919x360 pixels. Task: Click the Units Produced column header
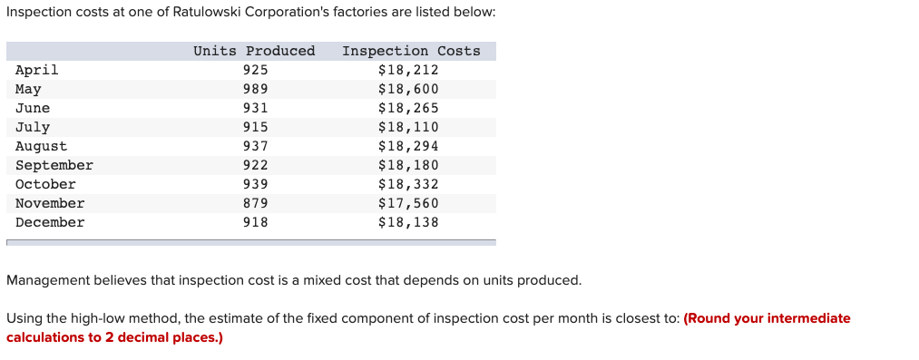tap(254, 51)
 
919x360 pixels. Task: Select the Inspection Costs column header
tap(411, 51)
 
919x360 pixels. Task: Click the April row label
tap(37, 70)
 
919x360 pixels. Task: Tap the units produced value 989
tap(256, 89)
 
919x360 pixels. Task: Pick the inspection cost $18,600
tap(408, 89)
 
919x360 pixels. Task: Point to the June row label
tap(33, 108)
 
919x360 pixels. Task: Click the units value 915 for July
tap(256, 127)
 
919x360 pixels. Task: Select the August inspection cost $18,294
tap(408, 146)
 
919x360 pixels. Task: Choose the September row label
tap(54, 165)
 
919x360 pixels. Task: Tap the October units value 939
tap(256, 184)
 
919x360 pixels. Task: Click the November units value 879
tap(256, 203)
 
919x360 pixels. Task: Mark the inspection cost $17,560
tap(408, 203)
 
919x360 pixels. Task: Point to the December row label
tap(50, 222)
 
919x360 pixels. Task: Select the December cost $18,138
tap(408, 222)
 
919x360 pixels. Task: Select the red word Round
tap(711, 318)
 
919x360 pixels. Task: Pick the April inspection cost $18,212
tap(408, 70)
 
